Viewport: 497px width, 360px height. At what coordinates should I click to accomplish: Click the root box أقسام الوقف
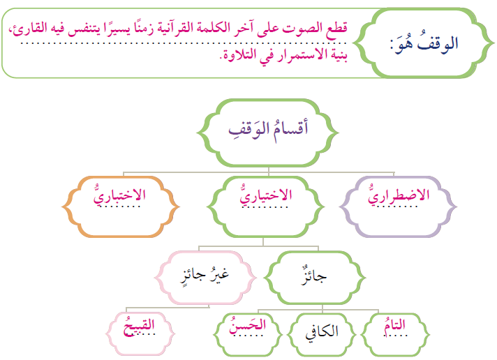point(269,130)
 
